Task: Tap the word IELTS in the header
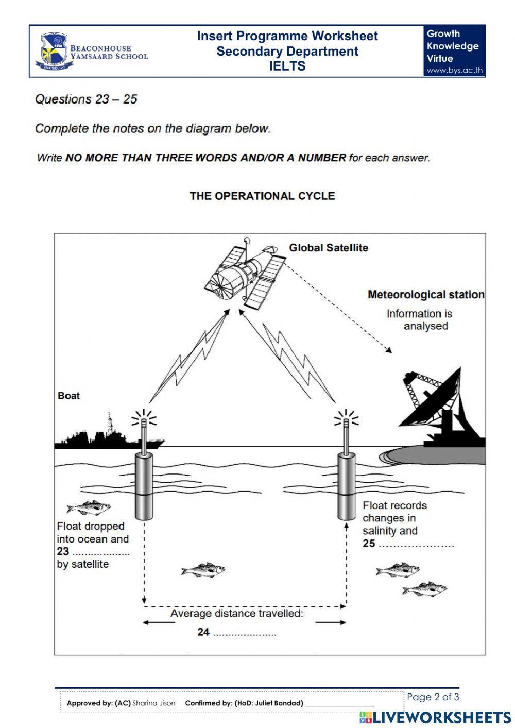tap(287, 66)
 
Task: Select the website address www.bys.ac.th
tap(454, 71)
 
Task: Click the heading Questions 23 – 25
tap(86, 99)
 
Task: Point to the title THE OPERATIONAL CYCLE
tap(262, 196)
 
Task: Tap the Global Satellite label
tap(328, 248)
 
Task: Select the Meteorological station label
tap(425, 295)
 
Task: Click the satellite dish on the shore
tap(438, 402)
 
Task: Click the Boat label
tap(68, 396)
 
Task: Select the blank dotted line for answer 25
tap(416, 545)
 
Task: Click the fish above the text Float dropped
tap(89, 508)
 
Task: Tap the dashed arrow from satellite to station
tap(337, 308)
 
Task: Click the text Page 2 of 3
tap(433, 697)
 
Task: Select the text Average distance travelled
tap(237, 614)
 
